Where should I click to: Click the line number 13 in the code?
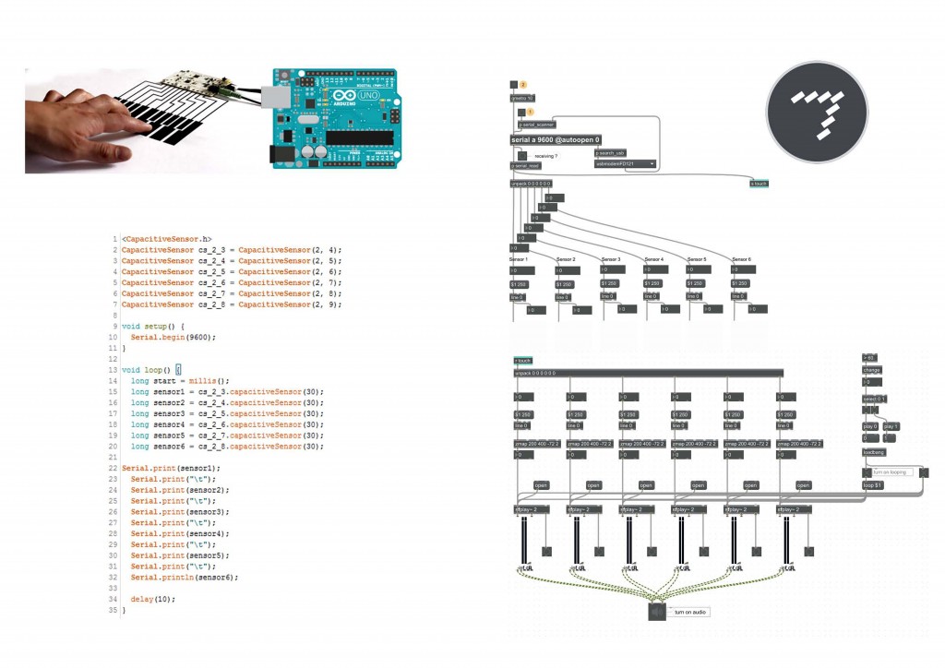coord(113,369)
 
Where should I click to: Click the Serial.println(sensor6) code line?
coord(184,577)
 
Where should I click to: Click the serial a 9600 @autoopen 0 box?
coord(556,139)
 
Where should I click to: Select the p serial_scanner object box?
coord(537,124)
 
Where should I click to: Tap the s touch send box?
coord(759,184)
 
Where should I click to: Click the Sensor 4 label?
coord(654,259)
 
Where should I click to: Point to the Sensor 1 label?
coord(519,259)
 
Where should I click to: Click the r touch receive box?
coord(523,361)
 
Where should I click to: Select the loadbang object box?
coord(873,453)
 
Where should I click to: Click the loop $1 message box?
coord(873,484)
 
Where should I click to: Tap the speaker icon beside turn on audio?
coord(657,612)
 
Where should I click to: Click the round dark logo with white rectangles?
coord(817,113)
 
